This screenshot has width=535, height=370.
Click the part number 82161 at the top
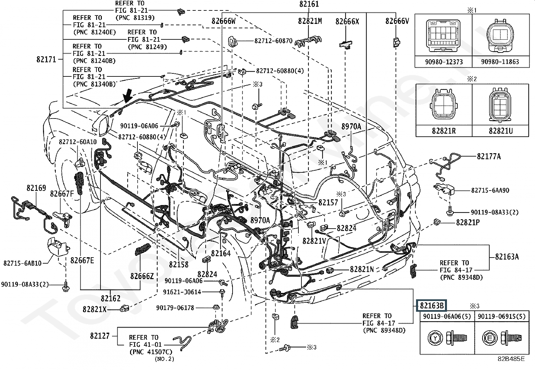point(309,4)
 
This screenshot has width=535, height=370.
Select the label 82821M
point(310,21)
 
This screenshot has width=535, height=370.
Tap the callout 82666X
point(347,22)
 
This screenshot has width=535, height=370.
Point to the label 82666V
point(397,21)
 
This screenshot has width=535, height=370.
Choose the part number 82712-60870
point(273,41)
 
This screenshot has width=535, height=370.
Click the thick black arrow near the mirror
point(127,96)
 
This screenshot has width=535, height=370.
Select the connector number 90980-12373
point(443,62)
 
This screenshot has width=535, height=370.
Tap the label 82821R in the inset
point(444,131)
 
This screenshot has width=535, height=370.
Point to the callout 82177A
point(489,156)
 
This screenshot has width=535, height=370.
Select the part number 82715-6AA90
point(490,190)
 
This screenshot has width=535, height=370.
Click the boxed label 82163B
point(431,305)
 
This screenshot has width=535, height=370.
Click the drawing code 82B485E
point(511,359)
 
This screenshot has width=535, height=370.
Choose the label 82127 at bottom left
point(99,336)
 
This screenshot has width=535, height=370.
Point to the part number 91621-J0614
point(182,292)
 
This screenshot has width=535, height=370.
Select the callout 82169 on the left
point(36,188)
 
